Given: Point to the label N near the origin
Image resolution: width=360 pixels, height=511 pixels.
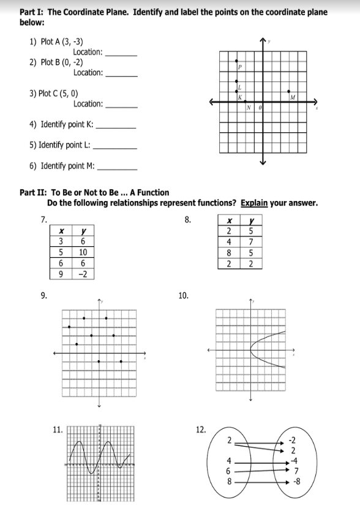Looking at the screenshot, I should (249, 109).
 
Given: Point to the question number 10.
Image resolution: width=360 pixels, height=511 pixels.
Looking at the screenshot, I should (183, 296).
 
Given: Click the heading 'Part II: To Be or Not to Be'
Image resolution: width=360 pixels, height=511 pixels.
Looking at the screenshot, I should (94, 192).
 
